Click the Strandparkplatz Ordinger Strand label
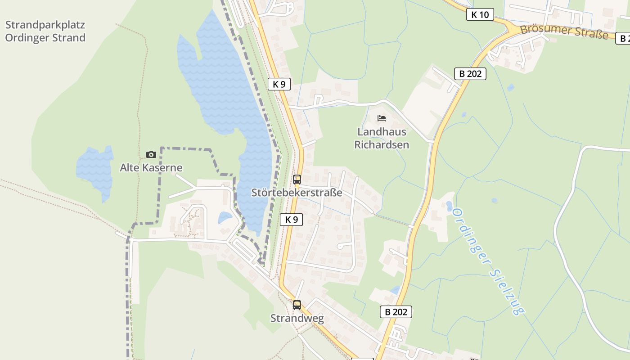(x=45, y=31)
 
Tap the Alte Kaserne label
(x=151, y=168)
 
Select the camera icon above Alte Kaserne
(x=151, y=154)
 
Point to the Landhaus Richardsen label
(x=382, y=138)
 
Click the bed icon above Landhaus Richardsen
(x=382, y=118)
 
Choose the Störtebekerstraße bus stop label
(x=297, y=193)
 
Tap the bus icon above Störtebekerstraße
(x=297, y=180)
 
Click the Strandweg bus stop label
(x=297, y=319)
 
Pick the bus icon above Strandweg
(x=297, y=305)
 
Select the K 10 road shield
(x=480, y=15)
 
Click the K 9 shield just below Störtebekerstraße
(x=291, y=220)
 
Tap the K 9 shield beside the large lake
(x=279, y=84)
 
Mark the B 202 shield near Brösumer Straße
(x=470, y=74)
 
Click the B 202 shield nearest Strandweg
(x=396, y=312)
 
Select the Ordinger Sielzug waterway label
(x=489, y=261)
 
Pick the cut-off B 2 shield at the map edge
(x=623, y=39)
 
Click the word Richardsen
(x=382, y=145)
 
